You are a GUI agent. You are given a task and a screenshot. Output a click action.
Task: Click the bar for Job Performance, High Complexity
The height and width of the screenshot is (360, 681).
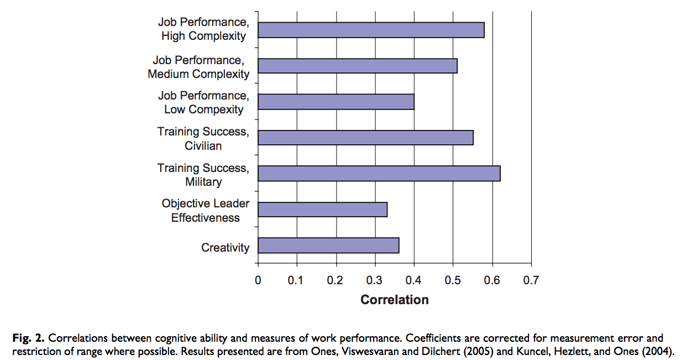(x=371, y=30)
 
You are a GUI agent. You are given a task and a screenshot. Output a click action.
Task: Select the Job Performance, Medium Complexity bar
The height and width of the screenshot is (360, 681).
(x=358, y=66)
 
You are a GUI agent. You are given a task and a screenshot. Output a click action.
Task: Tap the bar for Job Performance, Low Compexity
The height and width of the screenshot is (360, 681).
(x=336, y=102)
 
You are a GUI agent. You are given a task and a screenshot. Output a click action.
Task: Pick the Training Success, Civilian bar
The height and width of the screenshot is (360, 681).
(x=365, y=138)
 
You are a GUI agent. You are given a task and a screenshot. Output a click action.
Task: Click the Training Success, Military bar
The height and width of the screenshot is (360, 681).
(x=379, y=174)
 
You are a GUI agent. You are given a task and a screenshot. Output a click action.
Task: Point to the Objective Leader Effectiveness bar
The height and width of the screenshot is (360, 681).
(x=322, y=210)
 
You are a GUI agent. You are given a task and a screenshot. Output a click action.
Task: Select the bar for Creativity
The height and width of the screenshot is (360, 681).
(x=328, y=246)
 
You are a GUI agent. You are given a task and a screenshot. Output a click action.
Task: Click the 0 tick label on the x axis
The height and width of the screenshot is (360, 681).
(x=258, y=280)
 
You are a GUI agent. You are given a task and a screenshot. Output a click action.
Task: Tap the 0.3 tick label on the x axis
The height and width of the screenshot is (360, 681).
(x=375, y=280)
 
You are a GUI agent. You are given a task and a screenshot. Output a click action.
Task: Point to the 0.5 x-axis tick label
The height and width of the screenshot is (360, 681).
(x=453, y=280)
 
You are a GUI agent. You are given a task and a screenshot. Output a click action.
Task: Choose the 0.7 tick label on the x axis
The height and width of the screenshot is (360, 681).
(x=531, y=280)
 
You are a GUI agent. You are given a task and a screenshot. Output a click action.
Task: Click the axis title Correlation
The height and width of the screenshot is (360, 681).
(x=394, y=300)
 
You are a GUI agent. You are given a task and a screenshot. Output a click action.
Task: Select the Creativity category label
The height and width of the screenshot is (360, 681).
(x=225, y=248)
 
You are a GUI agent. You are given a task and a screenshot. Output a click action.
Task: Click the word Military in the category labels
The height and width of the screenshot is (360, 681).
(x=203, y=182)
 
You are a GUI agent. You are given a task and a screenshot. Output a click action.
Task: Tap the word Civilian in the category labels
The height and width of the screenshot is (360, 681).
(x=203, y=146)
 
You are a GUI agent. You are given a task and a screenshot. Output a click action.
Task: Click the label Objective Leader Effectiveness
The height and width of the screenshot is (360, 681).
(x=205, y=211)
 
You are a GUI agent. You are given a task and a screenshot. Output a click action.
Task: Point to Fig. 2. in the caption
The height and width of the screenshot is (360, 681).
(x=28, y=337)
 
